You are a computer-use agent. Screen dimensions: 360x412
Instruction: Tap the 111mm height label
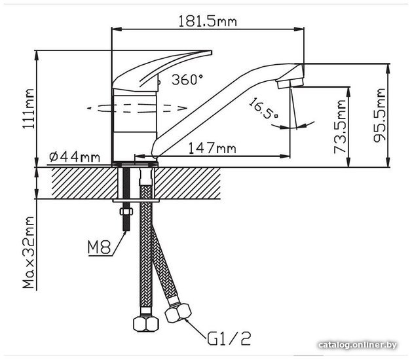point(28,109)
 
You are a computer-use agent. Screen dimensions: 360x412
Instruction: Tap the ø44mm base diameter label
point(75,157)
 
